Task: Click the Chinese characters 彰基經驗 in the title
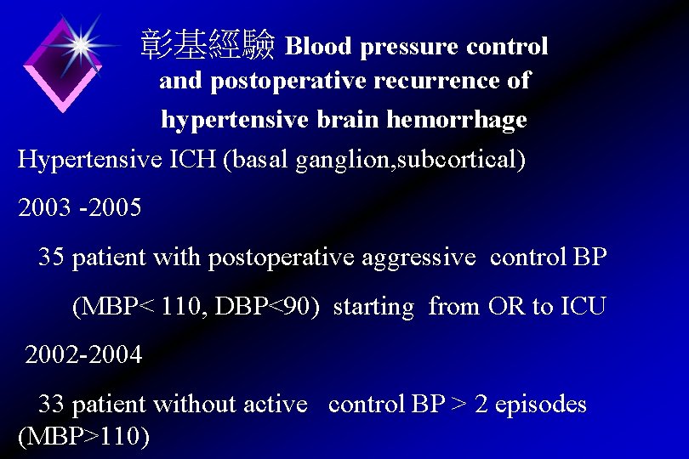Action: click(208, 45)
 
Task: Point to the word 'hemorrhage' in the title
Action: click(457, 120)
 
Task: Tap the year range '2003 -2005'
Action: click(80, 208)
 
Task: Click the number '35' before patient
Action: click(51, 257)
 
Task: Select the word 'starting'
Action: click(373, 306)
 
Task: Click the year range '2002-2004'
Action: click(83, 354)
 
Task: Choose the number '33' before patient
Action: click(51, 404)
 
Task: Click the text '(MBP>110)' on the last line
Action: click(83, 437)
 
